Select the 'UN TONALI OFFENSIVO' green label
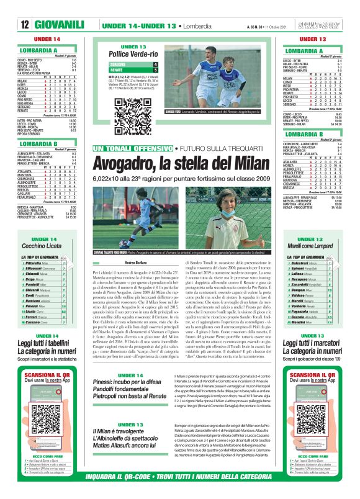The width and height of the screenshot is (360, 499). click(x=132, y=150)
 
